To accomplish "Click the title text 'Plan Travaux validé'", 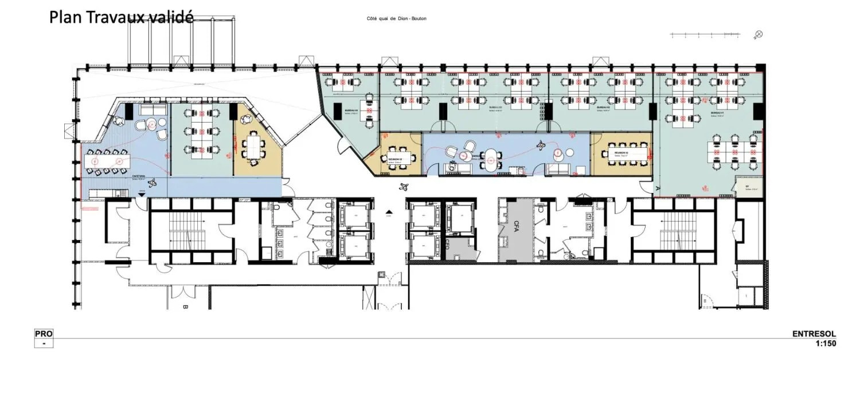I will coord(121,17).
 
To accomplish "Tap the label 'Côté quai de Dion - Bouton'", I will coord(397,19).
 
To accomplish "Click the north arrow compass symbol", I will coord(759,35).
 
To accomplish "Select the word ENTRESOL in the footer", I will coord(814,334).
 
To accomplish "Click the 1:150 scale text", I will coord(826,344).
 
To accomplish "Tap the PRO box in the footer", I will coord(44,334).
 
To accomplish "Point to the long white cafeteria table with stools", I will coord(107,162).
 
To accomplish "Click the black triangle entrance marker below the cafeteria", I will coord(140,196).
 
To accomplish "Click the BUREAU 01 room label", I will coord(709,113).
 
